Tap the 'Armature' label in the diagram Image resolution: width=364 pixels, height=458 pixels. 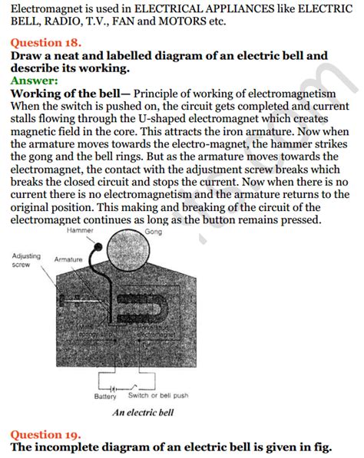[x=68, y=260]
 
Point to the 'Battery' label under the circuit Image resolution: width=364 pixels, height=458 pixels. [x=105, y=397]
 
